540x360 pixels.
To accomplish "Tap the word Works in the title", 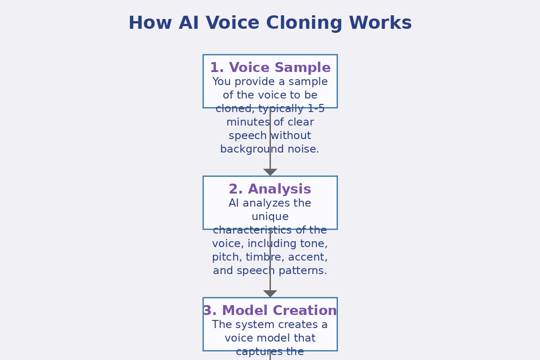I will point(385,23).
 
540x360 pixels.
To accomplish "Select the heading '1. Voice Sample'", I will point(270,68).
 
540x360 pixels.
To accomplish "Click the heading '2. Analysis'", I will point(270,189).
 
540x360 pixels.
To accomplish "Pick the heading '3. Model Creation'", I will point(270,311).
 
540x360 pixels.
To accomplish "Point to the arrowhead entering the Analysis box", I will point(270,172).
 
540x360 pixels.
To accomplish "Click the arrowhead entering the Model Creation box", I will point(270,293).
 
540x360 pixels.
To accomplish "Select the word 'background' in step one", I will point(248,149).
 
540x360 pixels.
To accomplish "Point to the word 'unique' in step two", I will point(270,217).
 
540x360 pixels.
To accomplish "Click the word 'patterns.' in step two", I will point(303,271).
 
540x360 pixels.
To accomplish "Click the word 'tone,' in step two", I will point(315,244).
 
